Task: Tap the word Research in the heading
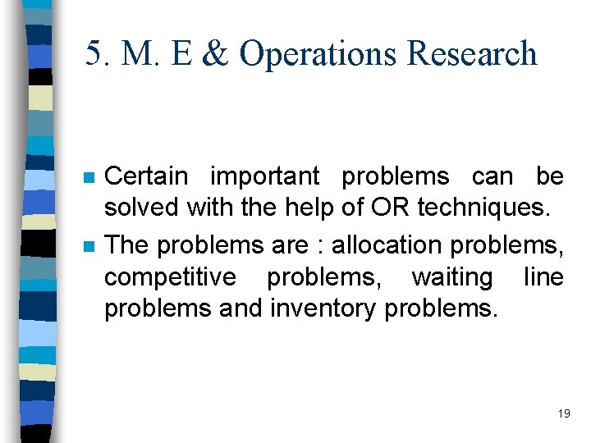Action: tap(472, 54)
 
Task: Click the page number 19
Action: tap(563, 413)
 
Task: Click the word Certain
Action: tap(147, 176)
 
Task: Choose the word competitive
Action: tap(169, 277)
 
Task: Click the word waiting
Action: tap(451, 277)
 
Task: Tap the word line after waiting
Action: tap(543, 276)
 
